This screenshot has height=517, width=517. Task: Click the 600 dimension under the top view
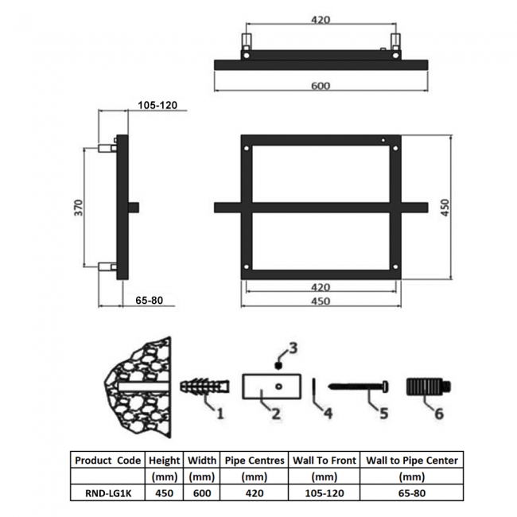coord(321,86)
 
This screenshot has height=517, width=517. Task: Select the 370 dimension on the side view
coord(79,208)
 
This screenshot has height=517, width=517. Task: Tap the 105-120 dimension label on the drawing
coord(157,105)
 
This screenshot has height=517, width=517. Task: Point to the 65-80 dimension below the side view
coord(149,301)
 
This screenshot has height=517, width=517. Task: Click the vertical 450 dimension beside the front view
coord(445,208)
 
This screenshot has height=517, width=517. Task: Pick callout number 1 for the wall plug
coord(220,413)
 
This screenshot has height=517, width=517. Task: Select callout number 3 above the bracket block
coord(293,348)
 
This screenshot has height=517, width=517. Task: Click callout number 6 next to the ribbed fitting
coord(439,414)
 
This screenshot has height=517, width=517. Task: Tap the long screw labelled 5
coord(358,386)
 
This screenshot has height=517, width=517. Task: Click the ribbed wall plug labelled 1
coord(204,386)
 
